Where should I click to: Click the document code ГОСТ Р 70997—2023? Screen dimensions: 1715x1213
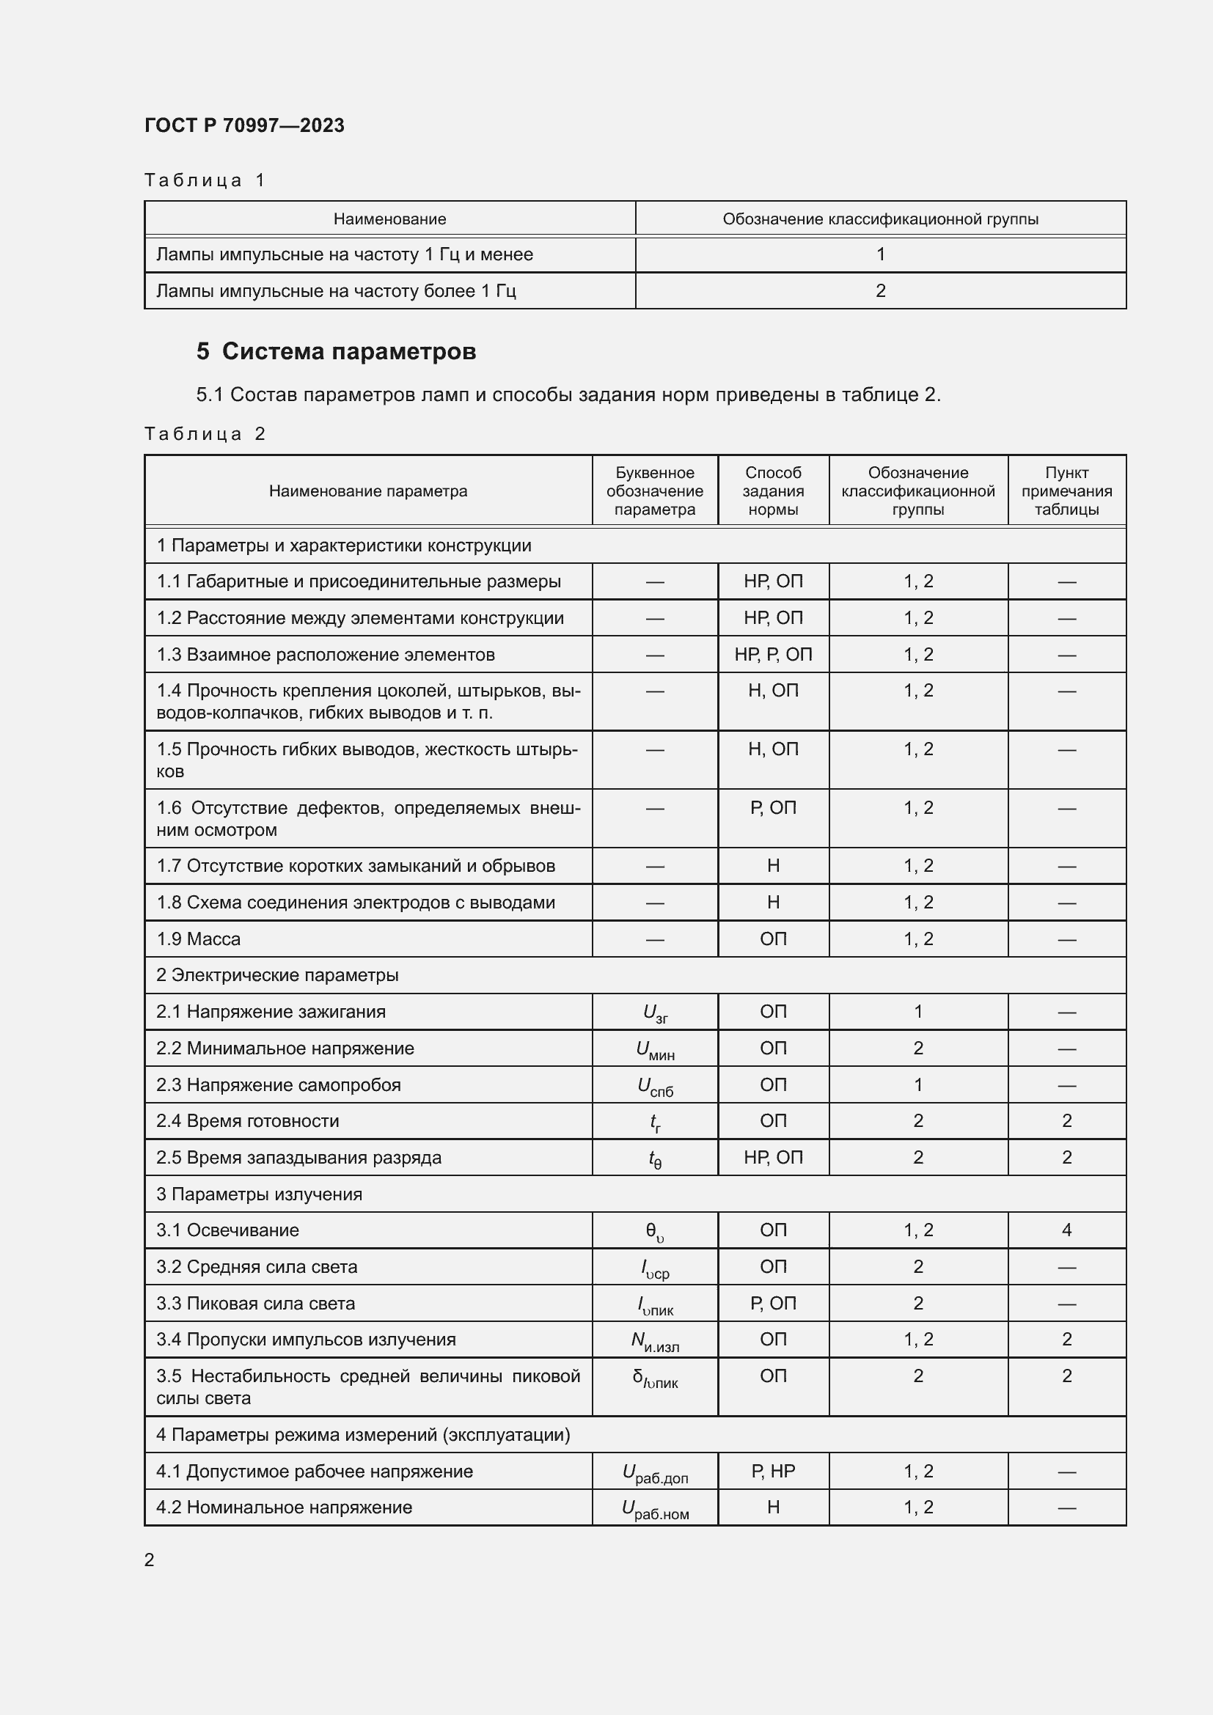244,125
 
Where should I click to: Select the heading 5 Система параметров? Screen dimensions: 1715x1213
336,351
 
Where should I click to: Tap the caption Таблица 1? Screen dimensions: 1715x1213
205,180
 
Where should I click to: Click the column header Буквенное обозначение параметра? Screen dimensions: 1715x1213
654,491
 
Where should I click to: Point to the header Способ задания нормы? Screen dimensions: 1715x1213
773,491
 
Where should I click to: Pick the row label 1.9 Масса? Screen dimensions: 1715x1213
199,939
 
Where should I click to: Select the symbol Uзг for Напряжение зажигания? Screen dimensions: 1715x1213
655,1013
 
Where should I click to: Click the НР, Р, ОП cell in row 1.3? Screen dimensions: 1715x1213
773,654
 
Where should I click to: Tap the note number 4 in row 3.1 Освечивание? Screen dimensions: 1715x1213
1066,1230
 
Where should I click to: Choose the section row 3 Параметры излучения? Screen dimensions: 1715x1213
259,1194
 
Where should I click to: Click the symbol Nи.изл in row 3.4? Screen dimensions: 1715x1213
655,1341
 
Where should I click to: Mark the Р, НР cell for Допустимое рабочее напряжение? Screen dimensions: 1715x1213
773,1472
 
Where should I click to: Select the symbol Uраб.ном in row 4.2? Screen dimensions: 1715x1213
655,1509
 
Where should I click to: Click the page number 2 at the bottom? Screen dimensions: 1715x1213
150,1560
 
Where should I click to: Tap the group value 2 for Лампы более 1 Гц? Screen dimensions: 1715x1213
880,290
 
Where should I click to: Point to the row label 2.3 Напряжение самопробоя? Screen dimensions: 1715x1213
279,1084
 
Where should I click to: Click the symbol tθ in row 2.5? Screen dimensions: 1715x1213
655,1158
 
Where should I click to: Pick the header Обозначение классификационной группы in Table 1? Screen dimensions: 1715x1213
880,218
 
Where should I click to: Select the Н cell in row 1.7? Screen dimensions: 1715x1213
773,866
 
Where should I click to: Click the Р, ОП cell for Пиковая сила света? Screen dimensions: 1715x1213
773,1304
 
